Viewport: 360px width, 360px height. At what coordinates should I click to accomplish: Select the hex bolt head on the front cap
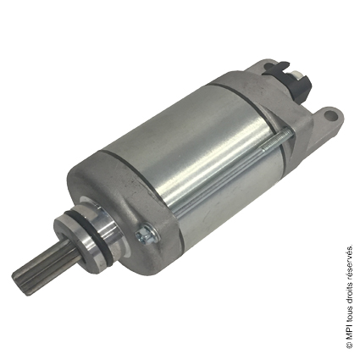pyautogui.click(x=147, y=234)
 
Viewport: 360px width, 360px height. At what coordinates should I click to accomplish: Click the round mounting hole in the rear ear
pyautogui.click(x=330, y=115)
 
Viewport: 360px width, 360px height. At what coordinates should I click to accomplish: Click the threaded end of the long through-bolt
pyautogui.click(x=278, y=139)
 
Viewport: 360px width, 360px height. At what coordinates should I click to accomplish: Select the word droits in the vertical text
pyautogui.click(x=349, y=290)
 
